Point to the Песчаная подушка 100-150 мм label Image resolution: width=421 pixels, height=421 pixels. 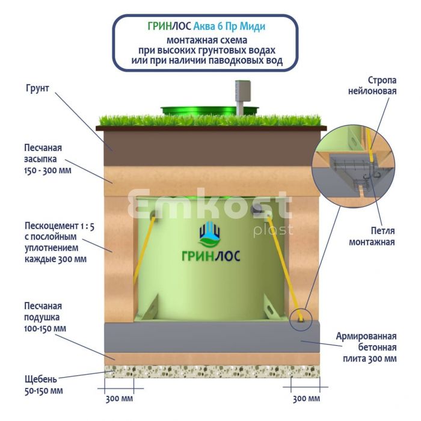[x=45, y=317]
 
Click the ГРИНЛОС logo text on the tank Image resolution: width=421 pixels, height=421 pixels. [x=210, y=256]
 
